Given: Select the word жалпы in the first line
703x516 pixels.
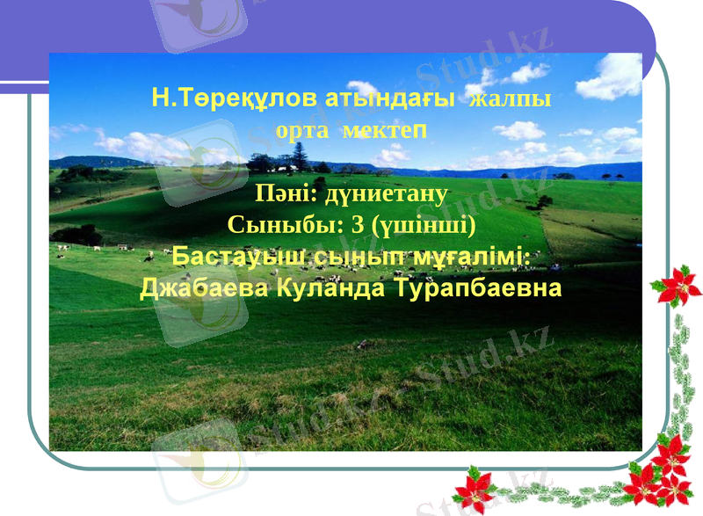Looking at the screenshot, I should point(511,98).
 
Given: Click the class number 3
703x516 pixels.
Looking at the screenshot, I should point(357,225).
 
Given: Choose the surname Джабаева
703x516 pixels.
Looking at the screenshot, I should point(203,288).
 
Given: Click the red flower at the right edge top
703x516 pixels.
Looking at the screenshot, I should point(676,286).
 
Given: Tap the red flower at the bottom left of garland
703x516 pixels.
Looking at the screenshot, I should point(475,490).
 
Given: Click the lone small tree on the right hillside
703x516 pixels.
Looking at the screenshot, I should point(545,201).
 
